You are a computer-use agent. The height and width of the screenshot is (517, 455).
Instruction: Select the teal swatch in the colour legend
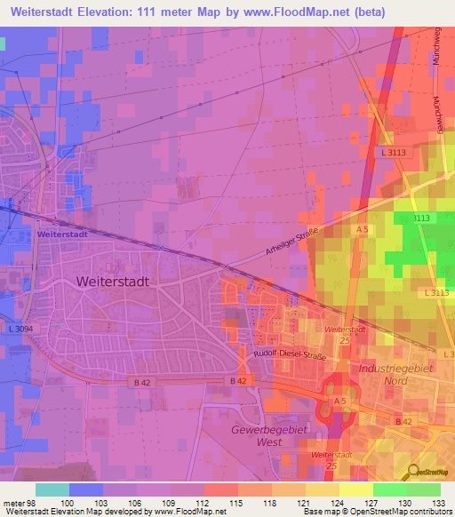click(52, 489)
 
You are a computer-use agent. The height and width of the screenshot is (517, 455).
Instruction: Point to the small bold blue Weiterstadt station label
click(61, 235)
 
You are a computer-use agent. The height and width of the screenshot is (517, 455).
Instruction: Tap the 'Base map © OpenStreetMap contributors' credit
click(376, 513)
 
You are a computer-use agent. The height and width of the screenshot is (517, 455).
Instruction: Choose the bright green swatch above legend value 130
click(389, 489)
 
